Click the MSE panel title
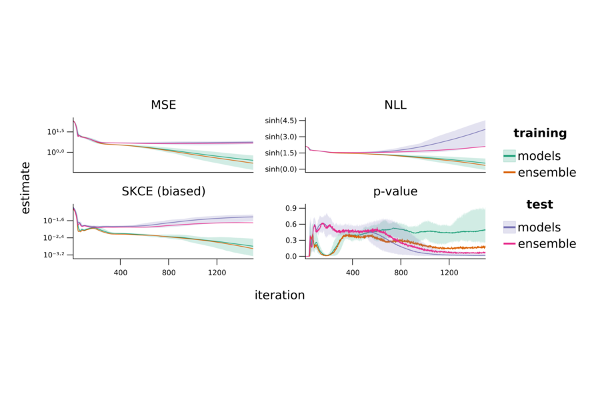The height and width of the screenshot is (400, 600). tap(163, 105)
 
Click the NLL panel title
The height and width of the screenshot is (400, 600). tap(395, 105)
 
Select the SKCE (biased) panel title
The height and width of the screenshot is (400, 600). tap(163, 191)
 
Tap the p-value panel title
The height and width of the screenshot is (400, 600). tap(395, 191)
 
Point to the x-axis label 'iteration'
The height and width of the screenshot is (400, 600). tap(279, 295)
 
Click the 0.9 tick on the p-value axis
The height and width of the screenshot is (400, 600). tap(291, 208)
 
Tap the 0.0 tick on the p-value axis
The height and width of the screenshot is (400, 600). tap(291, 256)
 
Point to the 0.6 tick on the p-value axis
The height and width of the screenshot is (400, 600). tap(291, 224)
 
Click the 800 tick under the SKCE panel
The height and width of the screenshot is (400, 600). tap(169, 273)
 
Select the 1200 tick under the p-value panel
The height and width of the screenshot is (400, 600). tap(449, 273)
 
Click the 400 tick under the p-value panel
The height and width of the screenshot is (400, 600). tap(353, 273)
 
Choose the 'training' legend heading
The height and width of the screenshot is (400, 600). tap(540, 133)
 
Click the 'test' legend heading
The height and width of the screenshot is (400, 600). tap(540, 205)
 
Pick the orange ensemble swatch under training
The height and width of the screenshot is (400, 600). tap(509, 173)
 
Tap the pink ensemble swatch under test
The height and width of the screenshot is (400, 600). tap(509, 244)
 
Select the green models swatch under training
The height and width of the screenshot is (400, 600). tap(509, 156)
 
